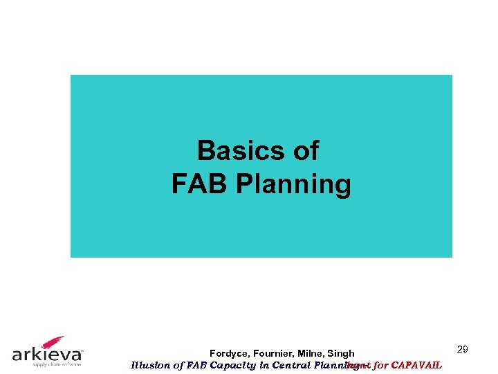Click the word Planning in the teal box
293,185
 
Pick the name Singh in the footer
341,354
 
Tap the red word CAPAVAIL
416,365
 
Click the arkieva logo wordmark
46,355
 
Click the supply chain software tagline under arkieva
46,364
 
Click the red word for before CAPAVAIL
380,365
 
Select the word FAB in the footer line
196,365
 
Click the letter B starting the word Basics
205,150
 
